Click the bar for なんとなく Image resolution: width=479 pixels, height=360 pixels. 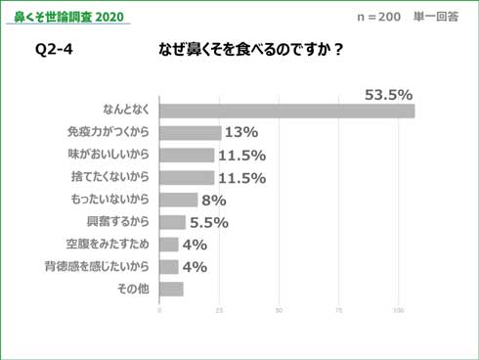tap(286, 111)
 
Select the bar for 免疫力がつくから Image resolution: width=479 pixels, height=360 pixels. tap(190, 133)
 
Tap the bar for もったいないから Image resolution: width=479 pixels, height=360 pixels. tap(178, 200)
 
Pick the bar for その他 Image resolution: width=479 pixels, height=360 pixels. tap(171, 289)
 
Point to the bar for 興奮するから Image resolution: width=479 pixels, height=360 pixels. tap(172, 222)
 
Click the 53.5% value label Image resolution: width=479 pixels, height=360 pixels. tap(388, 95)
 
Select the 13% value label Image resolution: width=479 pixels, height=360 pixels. tap(240, 133)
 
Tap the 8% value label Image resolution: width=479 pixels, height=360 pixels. tap(214, 200)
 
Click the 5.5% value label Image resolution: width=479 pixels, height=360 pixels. tap(208, 222)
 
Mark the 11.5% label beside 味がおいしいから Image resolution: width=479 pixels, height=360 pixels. tap(241, 156)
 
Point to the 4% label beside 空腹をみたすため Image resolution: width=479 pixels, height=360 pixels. tap(194, 245)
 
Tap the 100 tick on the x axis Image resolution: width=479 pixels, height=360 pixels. tap(399, 311)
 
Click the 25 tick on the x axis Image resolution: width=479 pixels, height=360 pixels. tap(219, 311)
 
